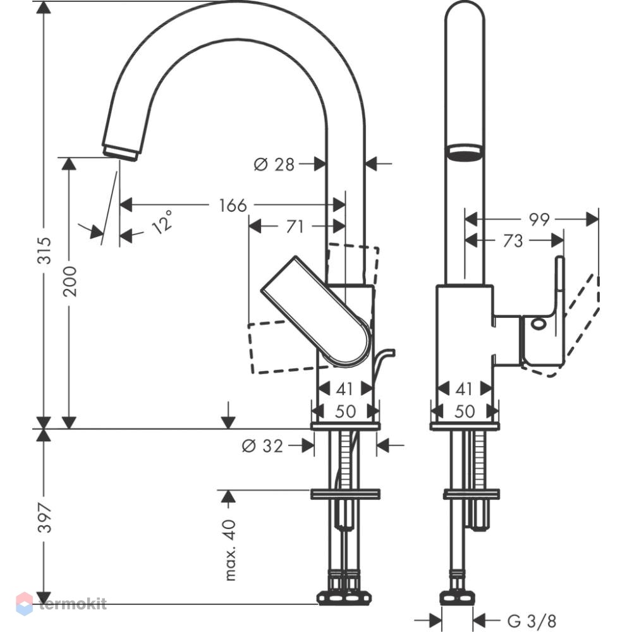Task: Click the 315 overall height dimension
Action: (44, 251)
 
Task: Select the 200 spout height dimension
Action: (70, 281)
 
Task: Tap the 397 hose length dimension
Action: (44, 518)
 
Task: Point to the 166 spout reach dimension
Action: (233, 205)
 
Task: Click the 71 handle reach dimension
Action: (295, 226)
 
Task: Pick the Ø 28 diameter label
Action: (274, 164)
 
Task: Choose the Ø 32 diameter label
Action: (262, 446)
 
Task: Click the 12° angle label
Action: (163, 222)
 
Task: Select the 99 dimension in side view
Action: (539, 220)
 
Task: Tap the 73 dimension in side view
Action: (513, 241)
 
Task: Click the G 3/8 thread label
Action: (532, 621)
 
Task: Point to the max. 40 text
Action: (230, 550)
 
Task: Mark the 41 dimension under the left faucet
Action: (344, 389)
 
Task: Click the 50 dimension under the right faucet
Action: (465, 411)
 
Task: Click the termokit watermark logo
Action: (61, 604)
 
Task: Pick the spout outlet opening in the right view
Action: (465, 152)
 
